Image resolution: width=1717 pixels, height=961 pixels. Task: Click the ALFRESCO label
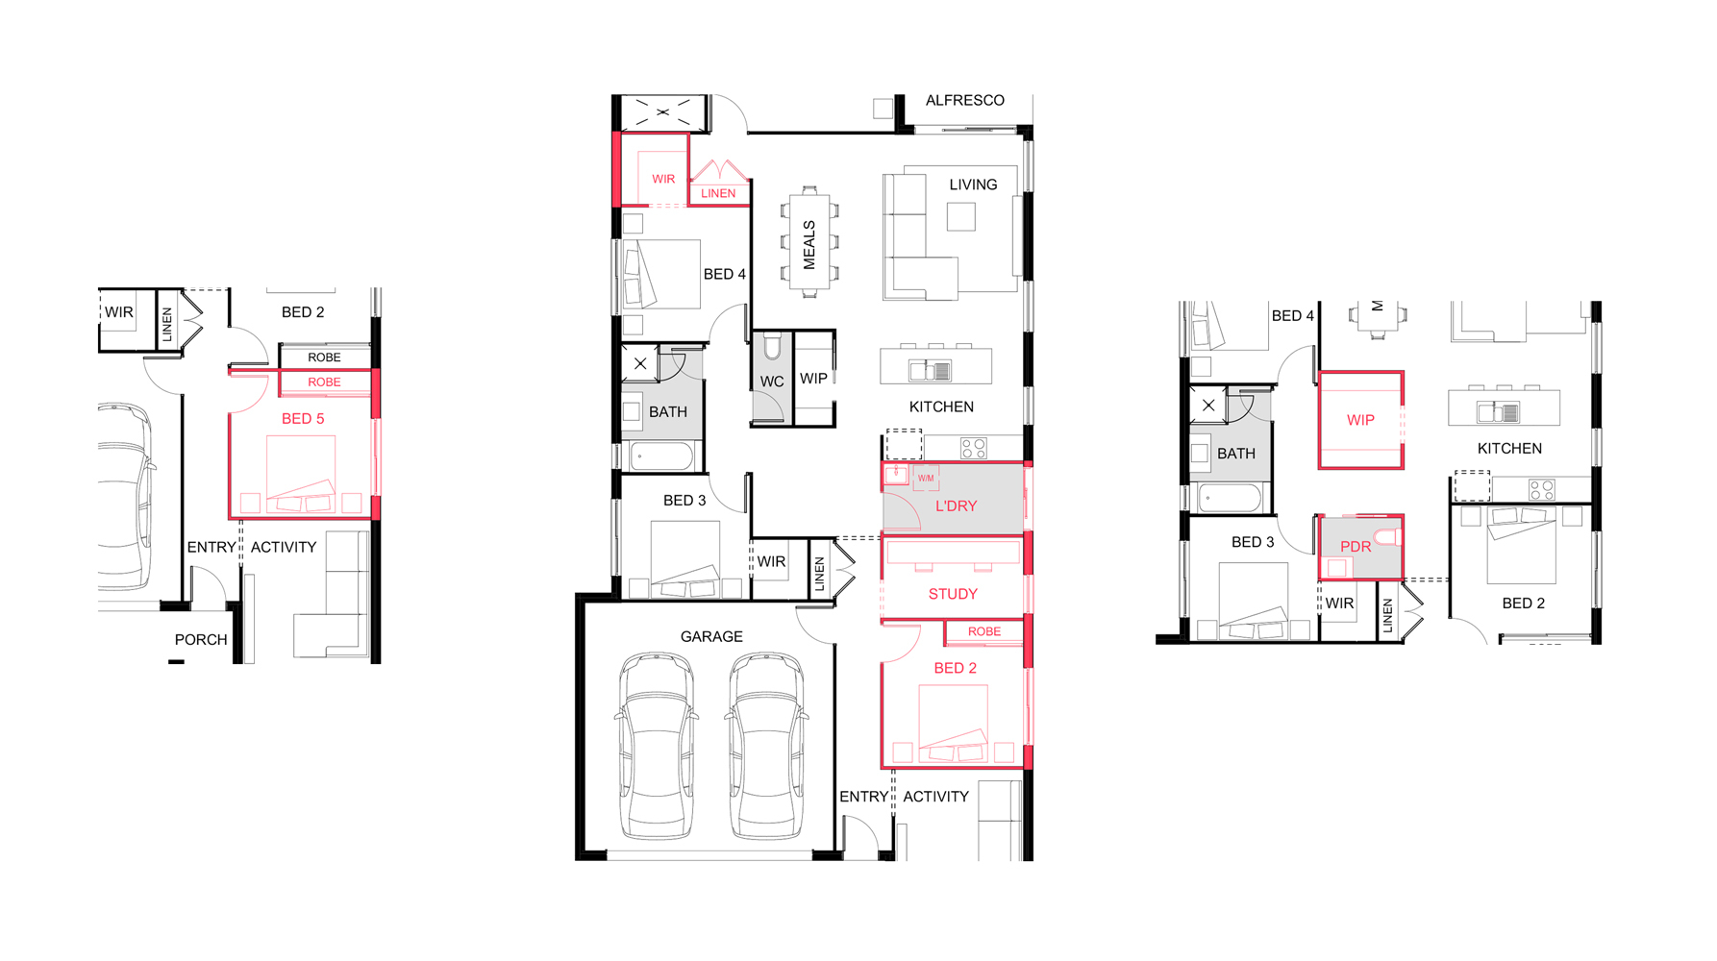tap(964, 100)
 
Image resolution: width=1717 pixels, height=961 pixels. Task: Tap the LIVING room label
tap(973, 185)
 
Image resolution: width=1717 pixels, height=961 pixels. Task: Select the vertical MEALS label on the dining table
tap(809, 245)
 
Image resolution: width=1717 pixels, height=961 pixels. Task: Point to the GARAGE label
tap(711, 636)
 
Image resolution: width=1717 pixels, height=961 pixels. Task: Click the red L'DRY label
tap(956, 505)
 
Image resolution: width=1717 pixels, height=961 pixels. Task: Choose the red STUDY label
tap(953, 594)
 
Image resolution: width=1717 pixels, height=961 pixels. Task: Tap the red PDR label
tap(1356, 546)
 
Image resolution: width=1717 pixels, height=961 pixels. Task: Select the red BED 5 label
tap(303, 418)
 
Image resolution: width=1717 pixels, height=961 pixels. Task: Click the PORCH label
tap(201, 639)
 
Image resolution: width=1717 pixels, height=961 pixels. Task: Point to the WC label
tap(772, 382)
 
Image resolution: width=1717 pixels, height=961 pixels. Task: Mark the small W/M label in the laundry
tap(926, 478)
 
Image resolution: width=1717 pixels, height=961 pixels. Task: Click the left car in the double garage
tap(657, 747)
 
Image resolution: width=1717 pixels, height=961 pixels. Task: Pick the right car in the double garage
tap(766, 747)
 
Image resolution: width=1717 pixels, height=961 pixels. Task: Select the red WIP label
tap(1360, 420)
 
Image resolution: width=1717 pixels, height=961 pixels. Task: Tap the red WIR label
tap(663, 179)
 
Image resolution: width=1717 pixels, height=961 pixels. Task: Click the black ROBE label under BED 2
tap(324, 357)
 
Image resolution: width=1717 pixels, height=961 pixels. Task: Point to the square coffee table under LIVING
tap(960, 216)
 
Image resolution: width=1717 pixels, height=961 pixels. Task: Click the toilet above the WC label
tap(772, 346)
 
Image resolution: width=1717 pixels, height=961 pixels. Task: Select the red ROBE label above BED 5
tap(324, 382)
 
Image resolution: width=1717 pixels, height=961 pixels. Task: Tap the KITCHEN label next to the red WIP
tap(1509, 449)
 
